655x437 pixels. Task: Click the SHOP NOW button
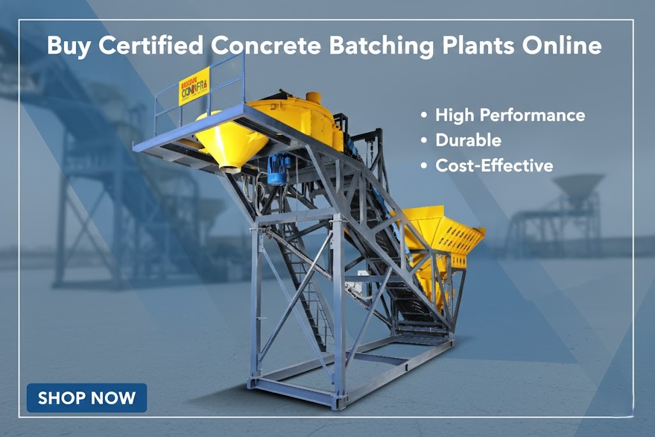pyautogui.click(x=86, y=397)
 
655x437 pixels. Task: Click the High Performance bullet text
pyautogui.click(x=510, y=115)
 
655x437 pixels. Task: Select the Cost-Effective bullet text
pyautogui.click(x=494, y=165)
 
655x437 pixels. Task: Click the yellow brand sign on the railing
pyautogui.click(x=194, y=84)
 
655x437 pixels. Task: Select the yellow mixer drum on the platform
pyautogui.click(x=301, y=118)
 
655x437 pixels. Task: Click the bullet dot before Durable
pyautogui.click(x=423, y=141)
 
